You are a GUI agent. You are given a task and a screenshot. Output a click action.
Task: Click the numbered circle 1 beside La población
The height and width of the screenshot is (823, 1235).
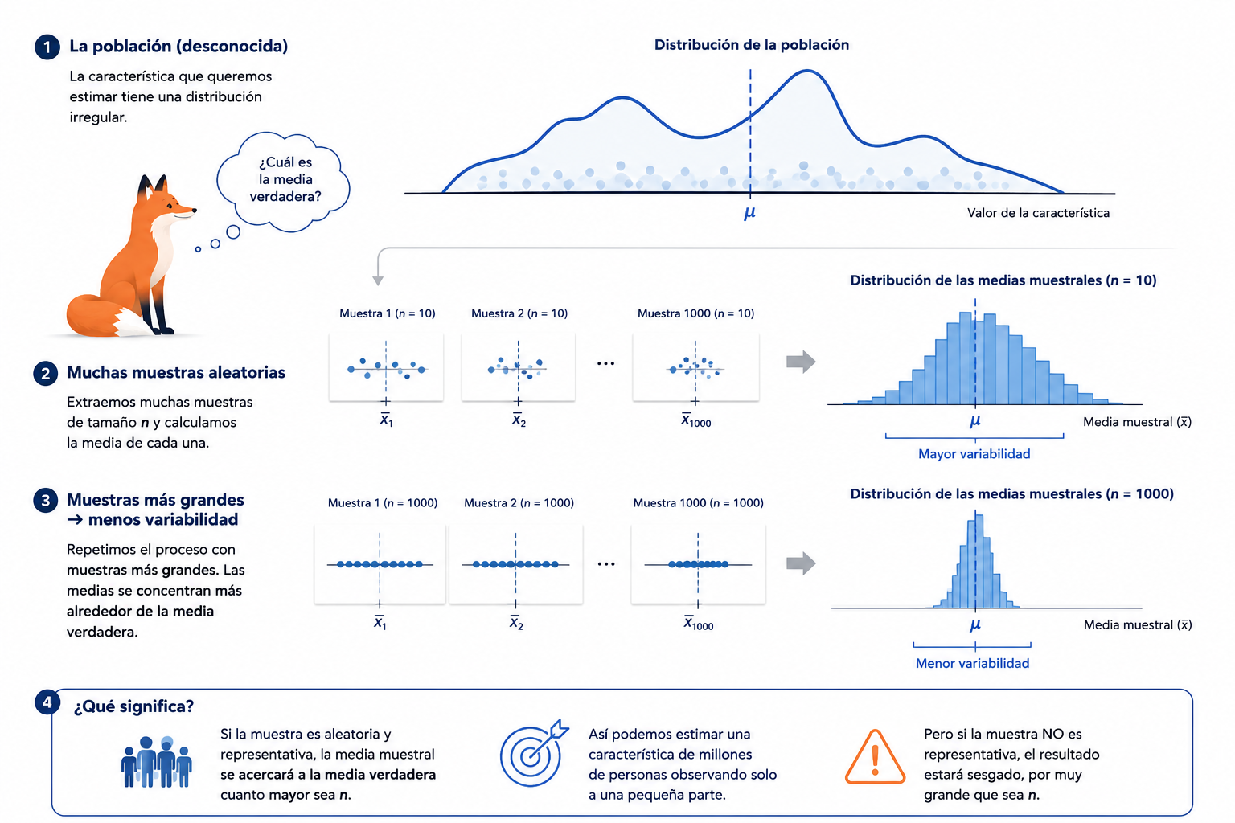[47, 47]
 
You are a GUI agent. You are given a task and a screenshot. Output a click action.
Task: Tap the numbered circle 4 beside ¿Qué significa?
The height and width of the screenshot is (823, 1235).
[47, 702]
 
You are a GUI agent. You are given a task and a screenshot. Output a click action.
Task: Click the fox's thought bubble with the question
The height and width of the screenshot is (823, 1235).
[283, 182]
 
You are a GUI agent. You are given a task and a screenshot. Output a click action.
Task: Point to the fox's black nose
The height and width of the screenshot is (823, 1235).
[194, 210]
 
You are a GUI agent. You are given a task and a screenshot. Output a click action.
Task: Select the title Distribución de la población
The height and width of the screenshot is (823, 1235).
[752, 45]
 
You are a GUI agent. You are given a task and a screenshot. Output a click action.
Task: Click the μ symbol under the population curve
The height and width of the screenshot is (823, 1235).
[749, 213]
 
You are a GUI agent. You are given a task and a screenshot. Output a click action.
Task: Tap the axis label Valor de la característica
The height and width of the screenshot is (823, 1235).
[1038, 213]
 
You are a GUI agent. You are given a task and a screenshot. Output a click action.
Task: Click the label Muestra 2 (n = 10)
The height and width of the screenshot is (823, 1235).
[519, 313]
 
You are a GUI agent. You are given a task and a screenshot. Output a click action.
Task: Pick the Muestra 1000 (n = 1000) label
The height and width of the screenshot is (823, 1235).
[698, 503]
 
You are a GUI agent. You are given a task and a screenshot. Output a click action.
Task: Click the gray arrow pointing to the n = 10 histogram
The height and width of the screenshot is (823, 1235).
[801, 362]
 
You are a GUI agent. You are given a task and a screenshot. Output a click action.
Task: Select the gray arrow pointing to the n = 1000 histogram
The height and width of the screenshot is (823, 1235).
[801, 563]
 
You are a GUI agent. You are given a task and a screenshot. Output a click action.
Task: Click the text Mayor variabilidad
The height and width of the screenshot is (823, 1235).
[974, 453]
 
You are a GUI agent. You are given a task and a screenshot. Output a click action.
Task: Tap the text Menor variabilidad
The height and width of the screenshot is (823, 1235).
[973, 663]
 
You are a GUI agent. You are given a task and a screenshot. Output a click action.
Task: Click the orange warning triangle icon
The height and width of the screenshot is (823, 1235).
[875, 757]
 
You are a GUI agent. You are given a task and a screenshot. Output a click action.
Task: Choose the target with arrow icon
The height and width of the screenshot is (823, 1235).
[533, 753]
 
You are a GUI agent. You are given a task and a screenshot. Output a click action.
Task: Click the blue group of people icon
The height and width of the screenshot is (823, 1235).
[157, 762]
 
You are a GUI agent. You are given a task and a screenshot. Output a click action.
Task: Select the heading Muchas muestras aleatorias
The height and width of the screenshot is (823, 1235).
[176, 373]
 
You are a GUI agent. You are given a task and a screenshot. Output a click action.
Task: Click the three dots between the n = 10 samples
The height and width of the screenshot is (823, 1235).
[605, 363]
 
